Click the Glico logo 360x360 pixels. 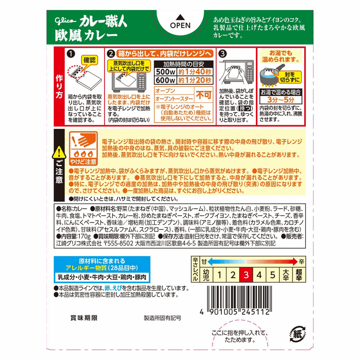click(x=65, y=21)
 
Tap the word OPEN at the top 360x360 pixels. click(x=180, y=25)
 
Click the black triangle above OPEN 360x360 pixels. click(x=180, y=17)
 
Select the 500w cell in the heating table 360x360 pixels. click(x=165, y=72)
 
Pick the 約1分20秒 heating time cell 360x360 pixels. click(x=195, y=80)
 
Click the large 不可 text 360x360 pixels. click(x=204, y=95)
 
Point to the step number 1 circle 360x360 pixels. click(x=71, y=54)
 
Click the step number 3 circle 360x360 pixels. click(x=223, y=54)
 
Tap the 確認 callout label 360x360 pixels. click(x=89, y=60)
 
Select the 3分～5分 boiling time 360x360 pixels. click(x=281, y=100)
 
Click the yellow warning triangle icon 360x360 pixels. click(x=59, y=152)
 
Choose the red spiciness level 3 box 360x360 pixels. click(x=246, y=274)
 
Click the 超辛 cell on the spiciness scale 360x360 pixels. click(x=299, y=274)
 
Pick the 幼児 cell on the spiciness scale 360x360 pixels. click(x=206, y=274)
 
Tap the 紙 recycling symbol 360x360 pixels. click(x=297, y=334)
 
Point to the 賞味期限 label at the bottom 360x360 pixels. click(x=84, y=318)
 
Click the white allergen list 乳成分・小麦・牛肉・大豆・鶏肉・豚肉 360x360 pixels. click(x=102, y=277)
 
